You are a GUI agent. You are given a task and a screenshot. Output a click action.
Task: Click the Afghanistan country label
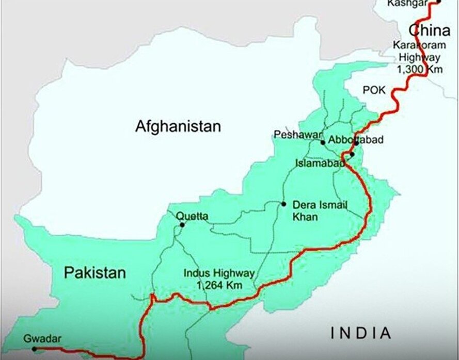(x=178, y=126)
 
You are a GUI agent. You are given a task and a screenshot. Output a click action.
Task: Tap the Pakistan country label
(x=95, y=273)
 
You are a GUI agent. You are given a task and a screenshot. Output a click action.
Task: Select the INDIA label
(x=361, y=333)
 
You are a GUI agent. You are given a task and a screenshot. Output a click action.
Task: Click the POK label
(x=374, y=90)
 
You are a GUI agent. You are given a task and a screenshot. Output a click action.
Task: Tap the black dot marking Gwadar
(x=34, y=349)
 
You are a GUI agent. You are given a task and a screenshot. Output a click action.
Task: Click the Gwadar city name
(x=42, y=339)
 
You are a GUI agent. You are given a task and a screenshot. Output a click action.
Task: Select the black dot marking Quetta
(x=182, y=225)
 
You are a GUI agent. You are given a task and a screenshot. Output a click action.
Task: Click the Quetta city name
(x=192, y=217)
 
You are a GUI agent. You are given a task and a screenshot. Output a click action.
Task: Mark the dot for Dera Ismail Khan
(x=283, y=204)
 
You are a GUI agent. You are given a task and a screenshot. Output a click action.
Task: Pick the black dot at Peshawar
(x=323, y=142)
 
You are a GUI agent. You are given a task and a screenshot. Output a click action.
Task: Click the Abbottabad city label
(x=356, y=139)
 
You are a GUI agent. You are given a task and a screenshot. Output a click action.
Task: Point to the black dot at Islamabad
(x=352, y=154)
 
